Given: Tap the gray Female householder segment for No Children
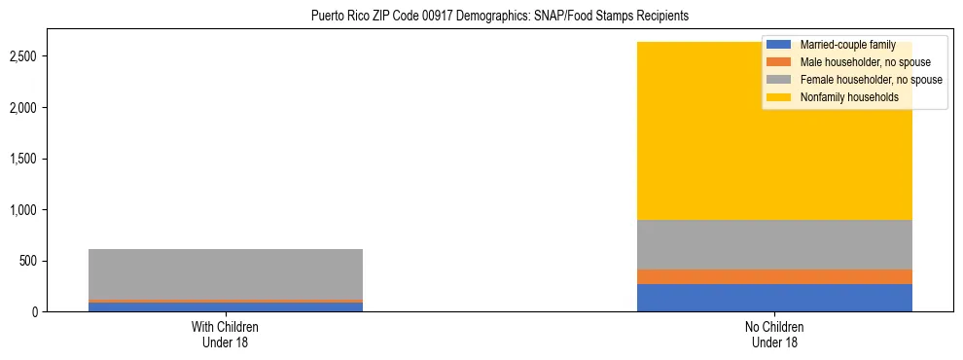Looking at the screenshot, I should tap(774, 244).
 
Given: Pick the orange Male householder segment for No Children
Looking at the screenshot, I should tap(774, 276).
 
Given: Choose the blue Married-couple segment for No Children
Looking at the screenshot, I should tap(774, 298).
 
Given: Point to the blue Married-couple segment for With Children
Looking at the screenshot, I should tap(226, 307).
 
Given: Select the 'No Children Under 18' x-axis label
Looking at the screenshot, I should tap(774, 334).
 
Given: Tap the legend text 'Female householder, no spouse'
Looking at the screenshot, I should tap(871, 80).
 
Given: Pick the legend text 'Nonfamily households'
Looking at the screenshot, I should tap(849, 97).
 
